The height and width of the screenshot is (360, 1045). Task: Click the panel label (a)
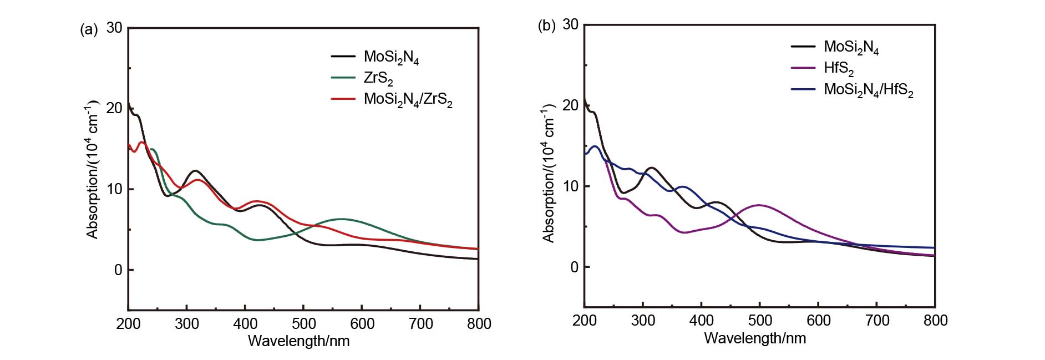tap(89, 30)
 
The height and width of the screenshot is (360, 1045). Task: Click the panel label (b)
tap(546, 26)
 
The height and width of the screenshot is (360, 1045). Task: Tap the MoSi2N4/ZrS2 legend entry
tap(408, 99)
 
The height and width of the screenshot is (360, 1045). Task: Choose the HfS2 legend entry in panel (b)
tap(838, 68)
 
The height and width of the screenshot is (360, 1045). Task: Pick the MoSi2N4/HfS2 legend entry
tap(868, 90)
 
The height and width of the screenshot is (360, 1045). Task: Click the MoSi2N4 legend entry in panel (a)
tap(391, 57)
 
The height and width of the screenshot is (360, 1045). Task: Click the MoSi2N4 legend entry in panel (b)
tap(851, 47)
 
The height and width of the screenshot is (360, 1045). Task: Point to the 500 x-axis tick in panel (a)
tap(303, 323)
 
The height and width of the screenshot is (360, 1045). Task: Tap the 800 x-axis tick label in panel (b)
tap(935, 320)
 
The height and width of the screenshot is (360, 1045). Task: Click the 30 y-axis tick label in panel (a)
tap(114, 28)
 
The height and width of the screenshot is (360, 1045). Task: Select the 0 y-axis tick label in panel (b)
tap(573, 267)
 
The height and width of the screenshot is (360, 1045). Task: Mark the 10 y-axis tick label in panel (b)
tap(570, 186)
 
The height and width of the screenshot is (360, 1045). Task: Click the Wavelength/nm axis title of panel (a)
tap(298, 341)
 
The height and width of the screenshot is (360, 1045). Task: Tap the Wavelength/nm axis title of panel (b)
tap(755, 338)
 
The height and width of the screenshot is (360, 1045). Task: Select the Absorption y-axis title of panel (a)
tap(92, 169)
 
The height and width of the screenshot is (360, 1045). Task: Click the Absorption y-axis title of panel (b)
tap(549, 172)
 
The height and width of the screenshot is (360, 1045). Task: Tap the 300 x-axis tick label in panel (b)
tap(643, 320)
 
